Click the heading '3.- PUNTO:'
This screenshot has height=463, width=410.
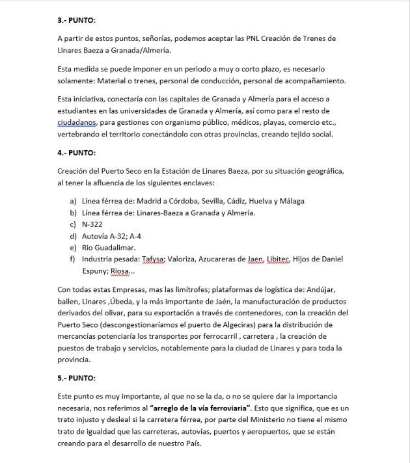pos(76,20)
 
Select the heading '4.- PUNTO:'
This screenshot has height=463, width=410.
pos(76,153)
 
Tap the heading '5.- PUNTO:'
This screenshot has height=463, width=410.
pos(76,378)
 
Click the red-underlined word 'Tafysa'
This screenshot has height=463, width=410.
pos(153,259)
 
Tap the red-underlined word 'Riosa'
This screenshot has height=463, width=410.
pos(120,271)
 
